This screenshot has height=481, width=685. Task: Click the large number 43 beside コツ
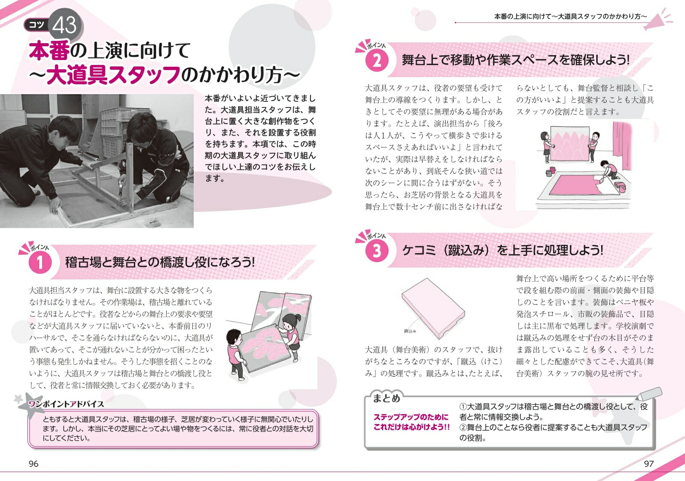(64, 25)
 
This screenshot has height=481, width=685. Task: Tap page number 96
(33, 464)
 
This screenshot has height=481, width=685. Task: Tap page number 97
(649, 464)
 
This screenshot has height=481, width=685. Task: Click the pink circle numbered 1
(40, 262)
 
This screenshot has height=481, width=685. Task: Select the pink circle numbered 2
(377, 60)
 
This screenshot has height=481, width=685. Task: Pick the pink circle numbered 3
(377, 251)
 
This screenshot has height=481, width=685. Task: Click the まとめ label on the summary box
(386, 398)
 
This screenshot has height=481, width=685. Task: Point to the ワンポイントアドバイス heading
(66, 404)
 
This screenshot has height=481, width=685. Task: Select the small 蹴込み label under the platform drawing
(410, 331)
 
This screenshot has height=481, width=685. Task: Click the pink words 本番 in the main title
(49, 50)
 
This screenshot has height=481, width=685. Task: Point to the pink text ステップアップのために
(411, 417)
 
